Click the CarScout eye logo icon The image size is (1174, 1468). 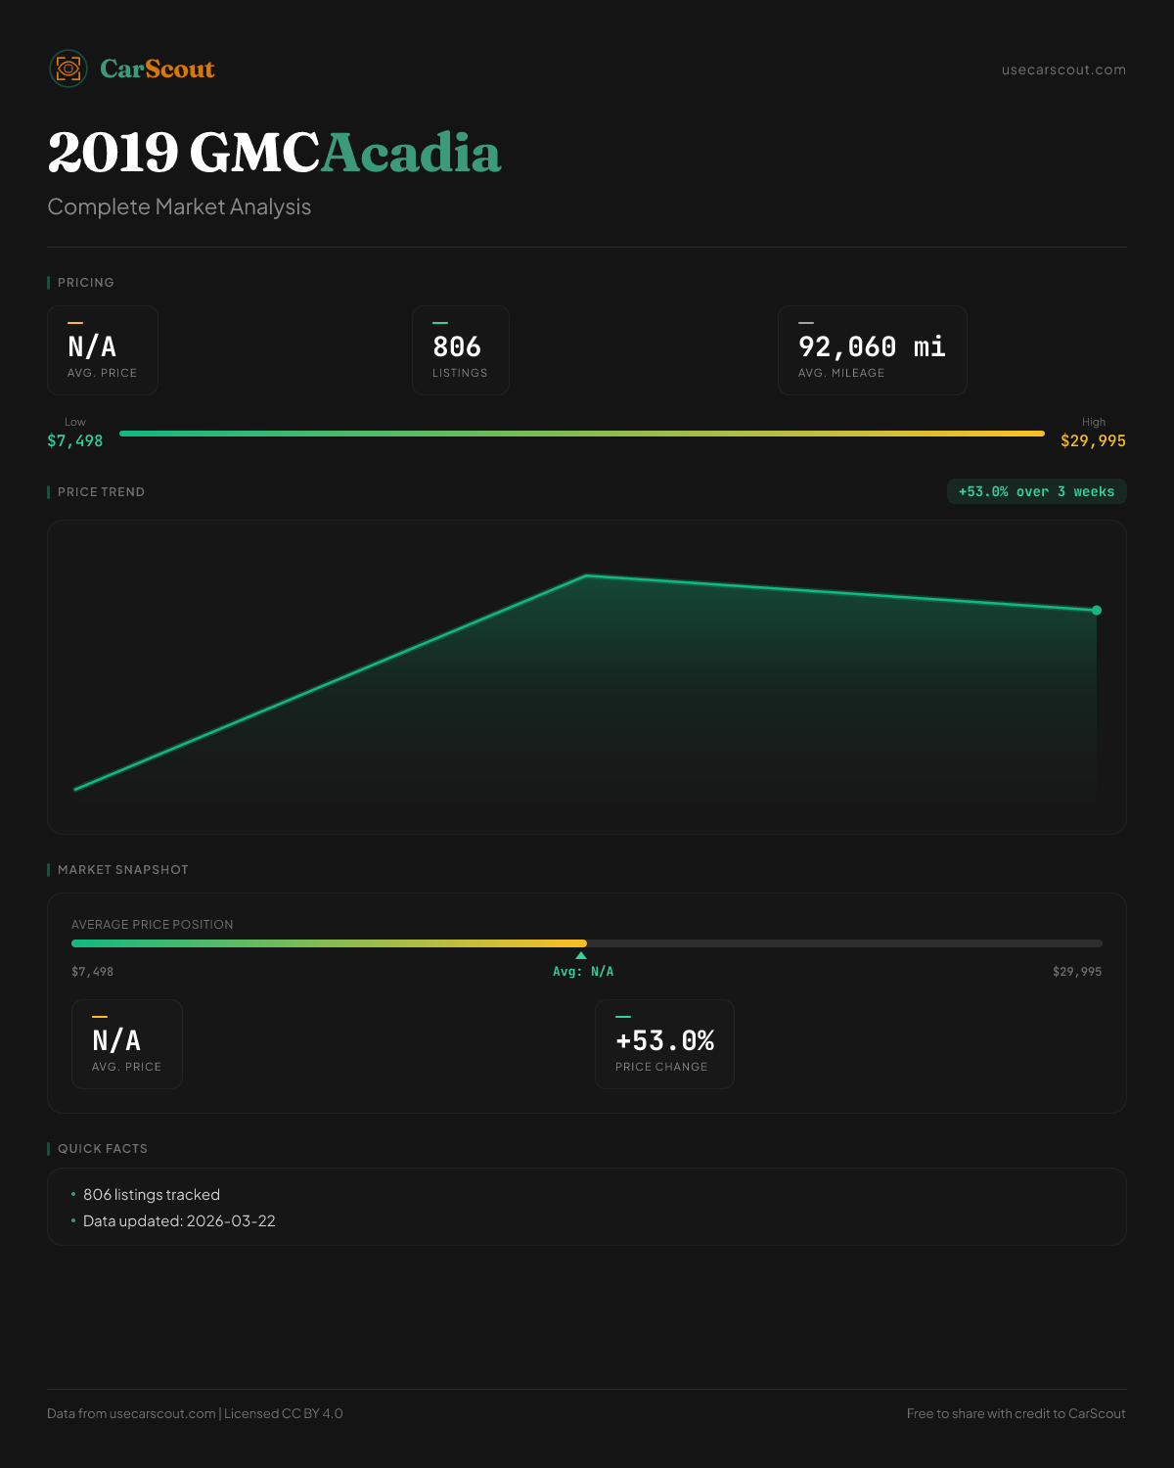pyautogui.click(x=68, y=69)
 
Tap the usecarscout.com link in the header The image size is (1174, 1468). pyautogui.click(x=1063, y=69)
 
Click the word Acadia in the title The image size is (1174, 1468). pyautogui.click(x=411, y=154)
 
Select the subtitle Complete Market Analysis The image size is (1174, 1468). pyautogui.click(x=179, y=206)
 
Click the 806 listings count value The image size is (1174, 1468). pyautogui.click(x=457, y=346)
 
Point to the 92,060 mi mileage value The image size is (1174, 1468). pyautogui.click(x=872, y=346)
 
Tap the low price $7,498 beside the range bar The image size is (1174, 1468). pyautogui.click(x=75, y=440)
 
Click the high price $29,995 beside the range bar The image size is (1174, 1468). pyautogui.click(x=1093, y=440)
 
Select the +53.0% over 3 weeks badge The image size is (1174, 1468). pyautogui.click(x=1036, y=491)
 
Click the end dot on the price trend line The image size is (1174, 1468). pyautogui.click(x=1097, y=610)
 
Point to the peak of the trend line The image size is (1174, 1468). pyautogui.click(x=586, y=575)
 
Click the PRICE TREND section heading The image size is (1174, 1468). pyautogui.click(x=101, y=491)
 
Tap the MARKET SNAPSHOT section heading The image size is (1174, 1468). pyautogui.click(x=122, y=869)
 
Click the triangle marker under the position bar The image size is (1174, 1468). pyautogui.click(x=581, y=955)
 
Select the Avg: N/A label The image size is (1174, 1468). pyautogui.click(x=583, y=971)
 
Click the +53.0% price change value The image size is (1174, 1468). pyautogui.click(x=664, y=1040)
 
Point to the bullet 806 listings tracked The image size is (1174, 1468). pyautogui.click(x=152, y=1194)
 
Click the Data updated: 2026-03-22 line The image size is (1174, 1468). pyautogui.click(x=179, y=1220)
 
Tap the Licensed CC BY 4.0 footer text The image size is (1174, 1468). pyautogui.click(x=284, y=1413)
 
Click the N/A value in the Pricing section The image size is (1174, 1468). pyautogui.click(x=92, y=346)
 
